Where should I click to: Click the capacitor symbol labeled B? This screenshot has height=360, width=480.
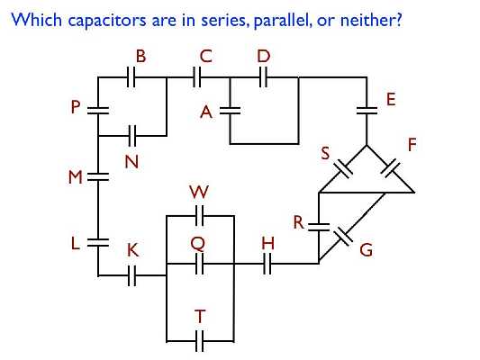131,78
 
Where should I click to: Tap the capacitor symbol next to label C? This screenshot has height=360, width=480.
199,78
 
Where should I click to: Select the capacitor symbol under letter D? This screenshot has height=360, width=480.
264,78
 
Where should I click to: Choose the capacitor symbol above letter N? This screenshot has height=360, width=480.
131,137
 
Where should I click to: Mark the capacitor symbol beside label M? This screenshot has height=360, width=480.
98,177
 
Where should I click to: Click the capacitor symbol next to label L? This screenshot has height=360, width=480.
98,241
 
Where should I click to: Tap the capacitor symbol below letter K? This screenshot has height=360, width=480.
131,274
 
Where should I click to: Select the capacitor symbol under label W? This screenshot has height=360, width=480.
199,216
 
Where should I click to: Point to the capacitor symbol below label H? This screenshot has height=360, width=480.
267,264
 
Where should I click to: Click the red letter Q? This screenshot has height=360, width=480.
198,243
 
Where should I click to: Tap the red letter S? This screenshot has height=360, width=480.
327,154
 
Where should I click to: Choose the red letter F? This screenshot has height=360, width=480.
412,144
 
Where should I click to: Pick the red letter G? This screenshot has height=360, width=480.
366,251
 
